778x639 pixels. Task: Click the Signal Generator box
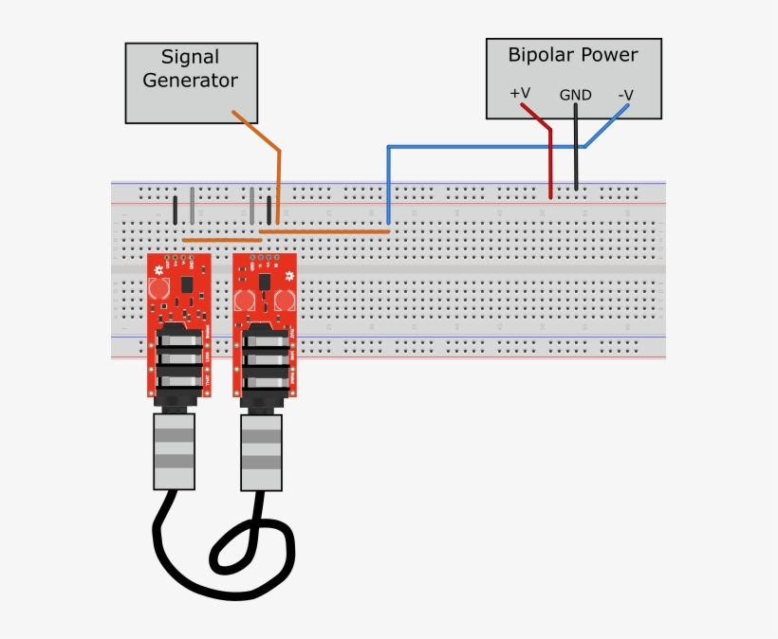click(x=191, y=82)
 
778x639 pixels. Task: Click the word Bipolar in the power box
click(x=539, y=55)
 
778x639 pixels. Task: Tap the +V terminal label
click(x=519, y=93)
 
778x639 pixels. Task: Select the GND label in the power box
click(x=575, y=95)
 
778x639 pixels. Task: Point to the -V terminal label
click(x=625, y=95)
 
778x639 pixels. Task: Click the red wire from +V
click(x=550, y=161)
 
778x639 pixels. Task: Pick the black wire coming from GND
click(x=575, y=152)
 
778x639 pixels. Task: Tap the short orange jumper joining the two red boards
click(x=221, y=240)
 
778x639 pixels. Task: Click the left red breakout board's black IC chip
click(x=186, y=284)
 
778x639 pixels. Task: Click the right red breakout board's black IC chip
click(x=263, y=282)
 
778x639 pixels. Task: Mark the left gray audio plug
click(x=174, y=451)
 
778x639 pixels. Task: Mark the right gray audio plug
click(x=261, y=452)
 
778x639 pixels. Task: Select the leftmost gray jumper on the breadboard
click(x=193, y=205)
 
